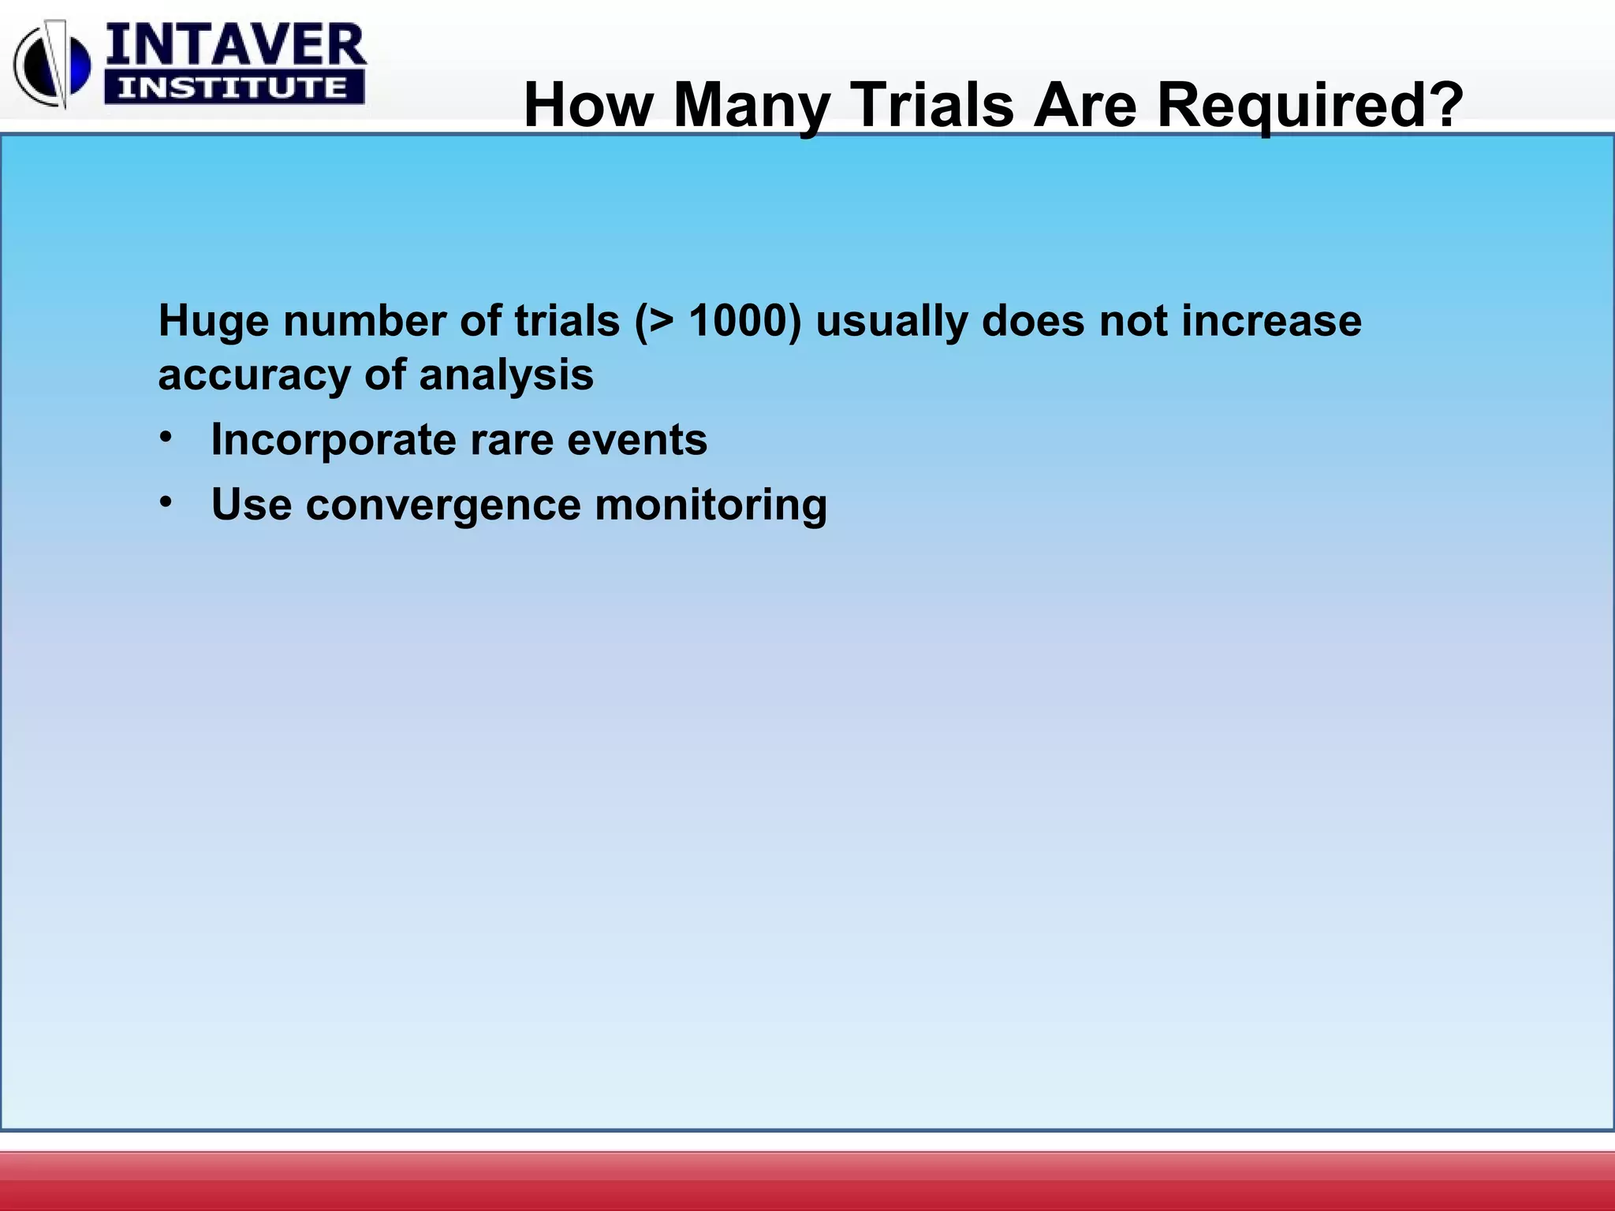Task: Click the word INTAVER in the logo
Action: (x=235, y=45)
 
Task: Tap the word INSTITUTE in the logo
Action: (x=233, y=88)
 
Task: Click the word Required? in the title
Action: (x=1310, y=105)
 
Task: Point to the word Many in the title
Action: (x=752, y=105)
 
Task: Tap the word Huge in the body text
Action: (x=214, y=322)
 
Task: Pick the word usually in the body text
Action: (x=892, y=322)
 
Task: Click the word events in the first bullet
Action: (x=637, y=439)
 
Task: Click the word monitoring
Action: (x=711, y=505)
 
